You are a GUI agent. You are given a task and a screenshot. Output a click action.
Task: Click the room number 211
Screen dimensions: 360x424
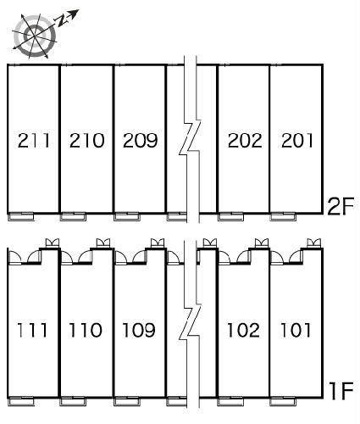[x=34, y=140]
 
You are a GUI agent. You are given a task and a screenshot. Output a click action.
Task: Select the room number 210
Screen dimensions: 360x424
[x=86, y=140]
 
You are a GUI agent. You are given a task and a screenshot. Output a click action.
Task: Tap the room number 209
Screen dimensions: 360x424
[x=140, y=140]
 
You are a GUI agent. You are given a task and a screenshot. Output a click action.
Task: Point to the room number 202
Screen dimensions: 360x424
[x=245, y=140]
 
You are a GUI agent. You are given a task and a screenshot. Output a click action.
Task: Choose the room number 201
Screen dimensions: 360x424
[x=297, y=140]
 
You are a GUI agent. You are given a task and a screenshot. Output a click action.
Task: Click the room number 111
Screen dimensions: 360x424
[x=32, y=330]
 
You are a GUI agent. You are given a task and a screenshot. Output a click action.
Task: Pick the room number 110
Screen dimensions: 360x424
[x=86, y=330]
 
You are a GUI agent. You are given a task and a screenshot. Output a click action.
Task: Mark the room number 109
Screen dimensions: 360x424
[x=139, y=330]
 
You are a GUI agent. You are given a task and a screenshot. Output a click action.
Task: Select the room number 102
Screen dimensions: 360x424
[x=243, y=330]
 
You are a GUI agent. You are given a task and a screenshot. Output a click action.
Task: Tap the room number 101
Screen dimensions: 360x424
[x=296, y=330]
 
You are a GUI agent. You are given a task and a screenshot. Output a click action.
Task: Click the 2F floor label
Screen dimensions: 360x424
[x=341, y=206]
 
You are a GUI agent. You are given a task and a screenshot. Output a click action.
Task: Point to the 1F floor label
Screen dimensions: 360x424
[x=341, y=391]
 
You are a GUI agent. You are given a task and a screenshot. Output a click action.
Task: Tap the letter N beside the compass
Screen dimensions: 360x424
[x=61, y=20]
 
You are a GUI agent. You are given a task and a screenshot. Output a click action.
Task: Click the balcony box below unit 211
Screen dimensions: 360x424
[x=20, y=216]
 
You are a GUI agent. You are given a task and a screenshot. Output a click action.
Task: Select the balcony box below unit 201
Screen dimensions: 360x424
[x=283, y=216]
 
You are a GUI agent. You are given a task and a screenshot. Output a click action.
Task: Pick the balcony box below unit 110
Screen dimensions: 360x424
[x=73, y=401]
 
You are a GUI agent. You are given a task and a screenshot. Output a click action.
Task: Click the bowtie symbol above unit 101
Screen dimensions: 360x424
[x=313, y=243]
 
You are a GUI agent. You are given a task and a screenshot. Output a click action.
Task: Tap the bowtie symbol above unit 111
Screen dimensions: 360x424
[x=53, y=243]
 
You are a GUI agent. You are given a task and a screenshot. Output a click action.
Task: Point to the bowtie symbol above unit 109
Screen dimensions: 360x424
[x=158, y=243]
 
